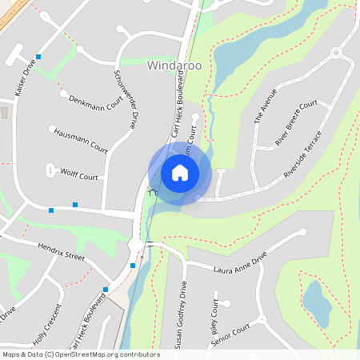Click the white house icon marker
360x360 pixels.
click(179, 172)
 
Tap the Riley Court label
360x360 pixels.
click(214, 319)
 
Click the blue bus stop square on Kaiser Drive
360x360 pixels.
click(38, 57)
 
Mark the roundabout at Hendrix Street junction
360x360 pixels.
click(137, 244)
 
